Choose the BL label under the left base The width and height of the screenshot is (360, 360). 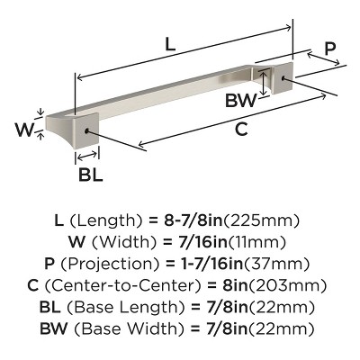coord(90,175)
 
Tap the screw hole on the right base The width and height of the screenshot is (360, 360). coord(286,79)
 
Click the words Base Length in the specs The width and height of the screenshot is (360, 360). coord(130,309)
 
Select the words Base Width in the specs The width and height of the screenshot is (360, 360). coord(132,330)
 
